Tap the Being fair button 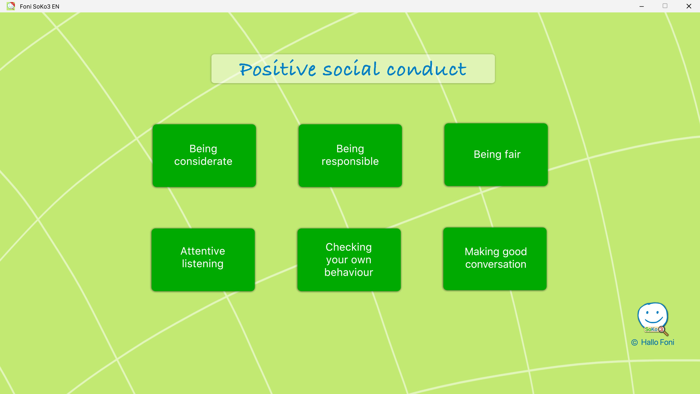coord(496,154)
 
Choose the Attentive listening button coord(203,260)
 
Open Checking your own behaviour coord(349,260)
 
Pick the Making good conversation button coord(495,259)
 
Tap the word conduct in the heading coord(427,69)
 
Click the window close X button coord(689,6)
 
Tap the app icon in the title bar coord(11,6)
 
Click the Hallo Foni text coord(657,342)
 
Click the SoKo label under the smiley coord(651,329)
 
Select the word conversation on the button coord(496,264)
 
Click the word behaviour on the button coord(349,272)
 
